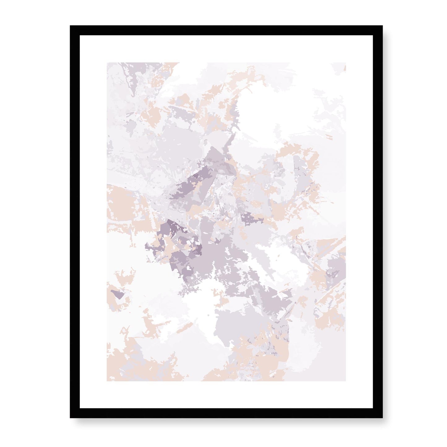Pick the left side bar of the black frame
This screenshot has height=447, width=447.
(x=75, y=221)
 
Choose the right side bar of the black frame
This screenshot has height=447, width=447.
(x=378, y=221)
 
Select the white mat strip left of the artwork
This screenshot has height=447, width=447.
(x=93, y=221)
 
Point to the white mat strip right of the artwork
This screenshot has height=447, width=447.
(x=359, y=221)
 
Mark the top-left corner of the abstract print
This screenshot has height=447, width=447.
(x=107, y=63)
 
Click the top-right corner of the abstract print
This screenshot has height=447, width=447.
(x=345, y=63)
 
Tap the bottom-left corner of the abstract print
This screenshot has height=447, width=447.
(x=107, y=380)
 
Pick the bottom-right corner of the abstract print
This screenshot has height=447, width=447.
(x=345, y=380)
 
